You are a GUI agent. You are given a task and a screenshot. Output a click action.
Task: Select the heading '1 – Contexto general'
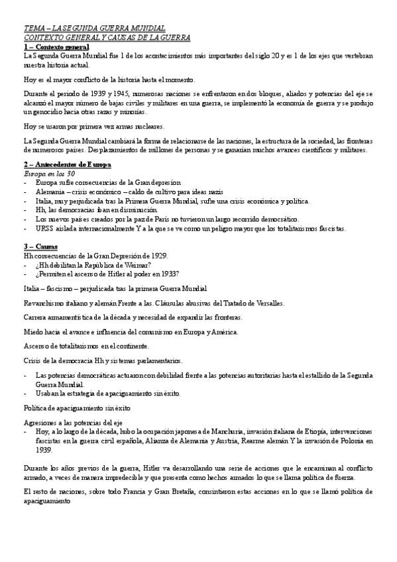click(56, 48)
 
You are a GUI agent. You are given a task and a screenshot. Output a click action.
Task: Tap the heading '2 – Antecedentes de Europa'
click(67, 164)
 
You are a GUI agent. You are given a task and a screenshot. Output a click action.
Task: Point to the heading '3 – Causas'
click(42, 246)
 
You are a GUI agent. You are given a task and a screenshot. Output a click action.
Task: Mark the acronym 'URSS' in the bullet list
click(45, 228)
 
